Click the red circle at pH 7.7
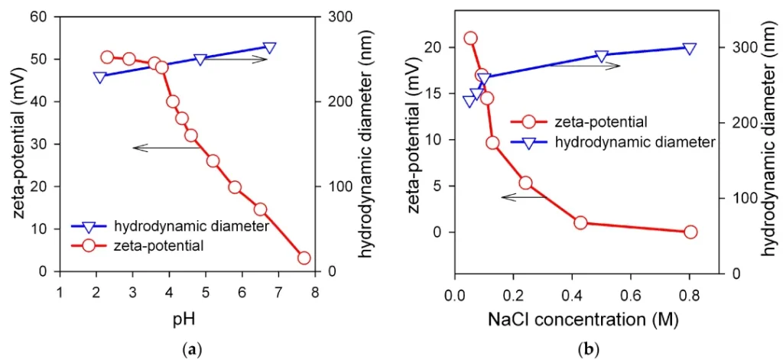304,258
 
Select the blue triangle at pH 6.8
270,48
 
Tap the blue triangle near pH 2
100,77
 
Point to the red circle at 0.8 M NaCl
690,232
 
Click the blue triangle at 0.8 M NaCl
690,48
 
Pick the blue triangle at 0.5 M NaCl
602,56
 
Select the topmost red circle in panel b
470,38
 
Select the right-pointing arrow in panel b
586,66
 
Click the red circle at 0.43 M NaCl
580,222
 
